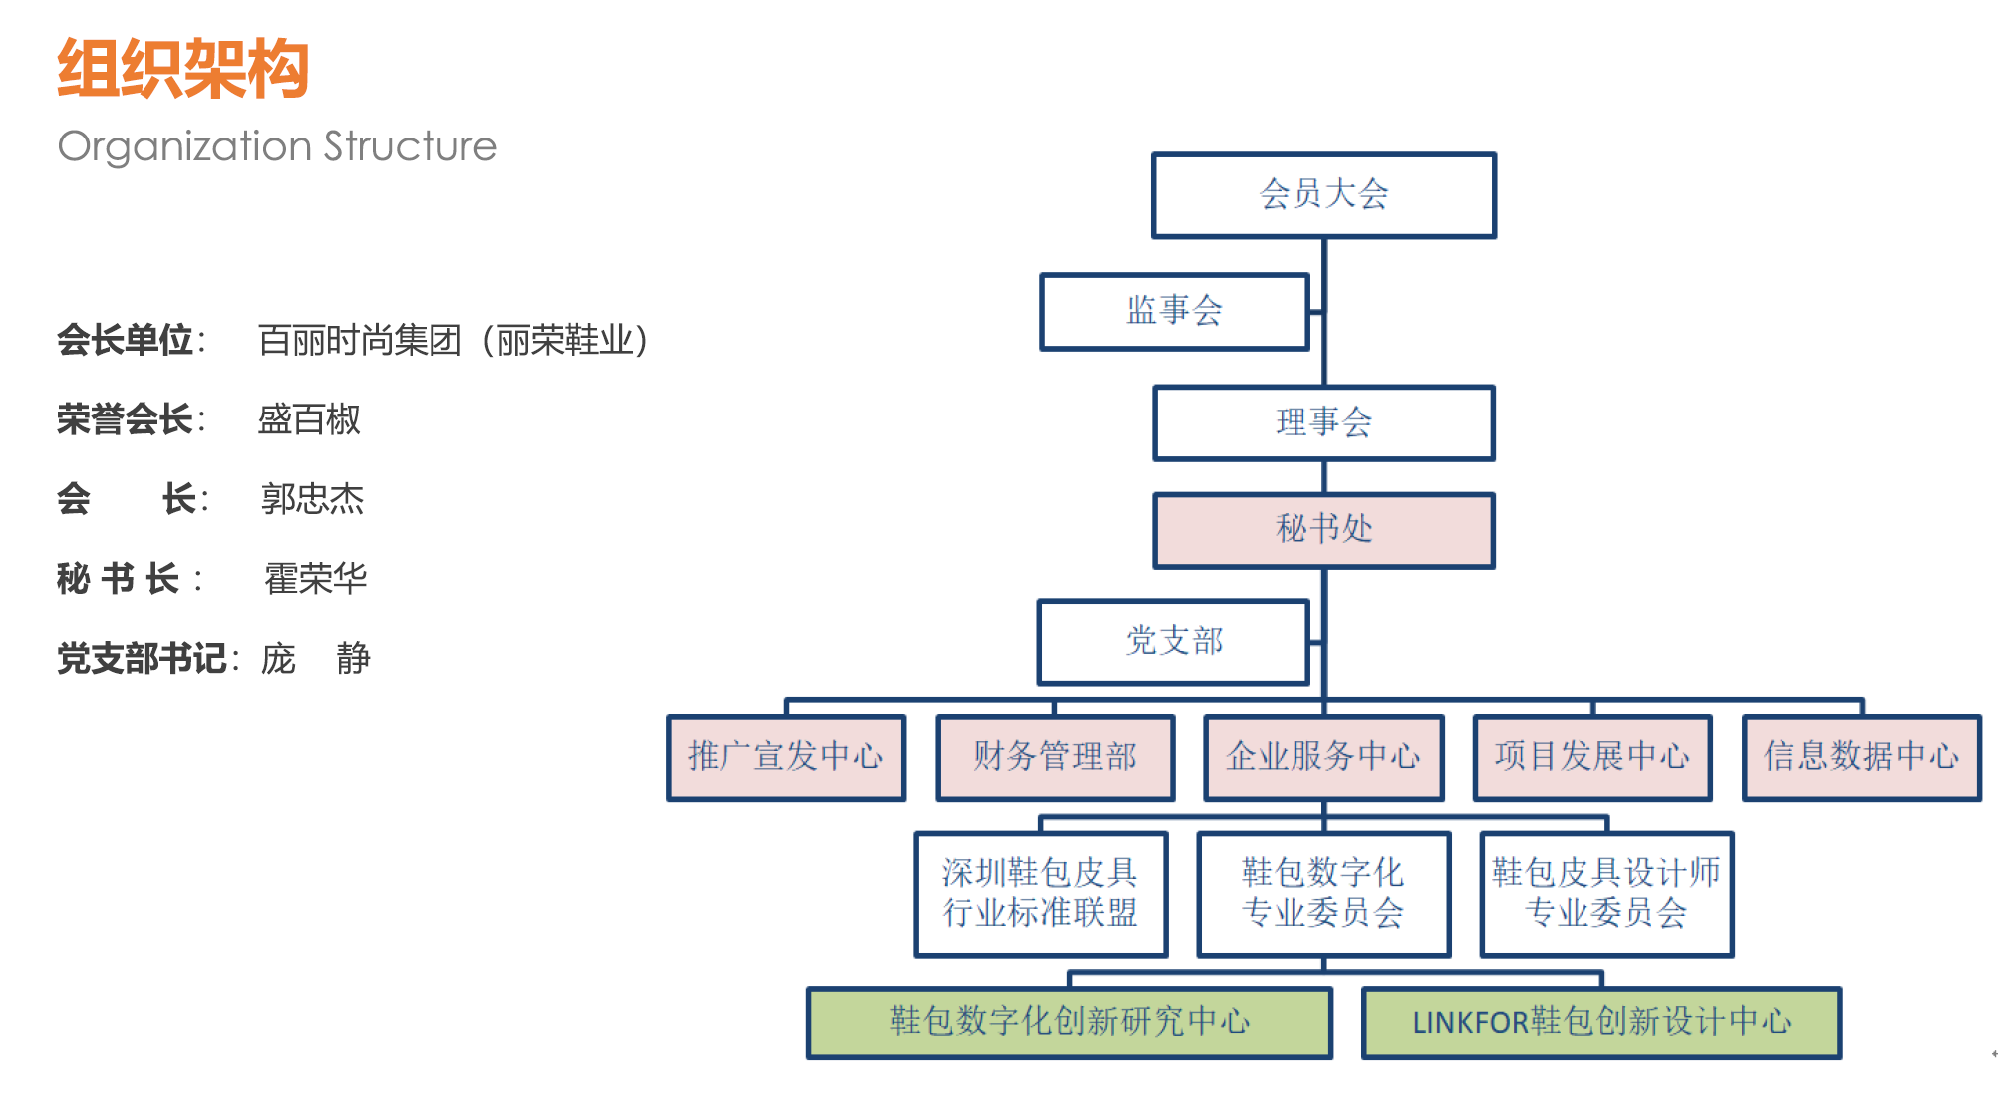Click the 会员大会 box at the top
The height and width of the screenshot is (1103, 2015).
pos(1323,195)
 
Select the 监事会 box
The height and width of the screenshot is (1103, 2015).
pos(1174,311)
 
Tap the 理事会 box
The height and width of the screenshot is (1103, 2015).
pos(1323,422)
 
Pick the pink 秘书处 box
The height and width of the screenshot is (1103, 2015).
pos(1323,529)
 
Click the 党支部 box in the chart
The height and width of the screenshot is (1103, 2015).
pos(1174,641)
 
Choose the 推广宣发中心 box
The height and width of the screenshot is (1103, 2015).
pos(785,757)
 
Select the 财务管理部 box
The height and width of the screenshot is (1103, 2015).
pos(1054,757)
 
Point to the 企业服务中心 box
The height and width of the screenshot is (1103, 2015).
pos(1323,757)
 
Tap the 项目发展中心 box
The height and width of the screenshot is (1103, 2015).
pos(1592,757)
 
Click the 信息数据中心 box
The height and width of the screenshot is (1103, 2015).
pos(1862,757)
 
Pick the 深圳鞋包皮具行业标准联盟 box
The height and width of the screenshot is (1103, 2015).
pos(1040,894)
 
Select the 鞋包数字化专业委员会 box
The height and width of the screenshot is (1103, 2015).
pos(1323,894)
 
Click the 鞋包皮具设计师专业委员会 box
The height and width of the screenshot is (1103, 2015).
pos(1606,894)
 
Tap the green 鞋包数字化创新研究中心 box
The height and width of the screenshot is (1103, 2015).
pos(1069,1022)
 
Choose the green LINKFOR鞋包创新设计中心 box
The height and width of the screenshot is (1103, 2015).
pos(1601,1022)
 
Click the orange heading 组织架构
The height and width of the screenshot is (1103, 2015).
pos(183,69)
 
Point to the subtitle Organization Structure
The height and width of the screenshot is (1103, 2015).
pos(277,146)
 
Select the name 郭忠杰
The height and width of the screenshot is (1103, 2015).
pos(312,499)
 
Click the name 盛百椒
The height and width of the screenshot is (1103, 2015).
pos(309,419)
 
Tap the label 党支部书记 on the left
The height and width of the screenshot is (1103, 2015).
pos(142,659)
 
